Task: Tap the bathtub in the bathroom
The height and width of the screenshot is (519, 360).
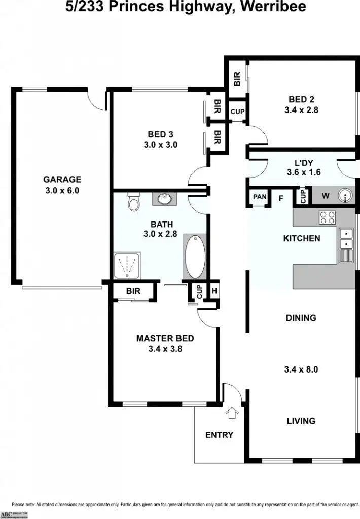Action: coord(194,255)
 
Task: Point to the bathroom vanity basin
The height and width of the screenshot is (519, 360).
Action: coord(164,198)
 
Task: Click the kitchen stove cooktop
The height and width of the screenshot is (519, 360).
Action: coord(327,217)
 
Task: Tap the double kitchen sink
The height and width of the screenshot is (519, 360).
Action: coord(347,239)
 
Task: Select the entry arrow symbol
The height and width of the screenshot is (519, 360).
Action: coord(232,413)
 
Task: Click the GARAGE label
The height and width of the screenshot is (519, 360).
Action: coord(62,179)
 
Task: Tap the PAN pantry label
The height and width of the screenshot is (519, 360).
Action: coord(260,197)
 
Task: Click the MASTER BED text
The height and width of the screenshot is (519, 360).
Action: coord(165,338)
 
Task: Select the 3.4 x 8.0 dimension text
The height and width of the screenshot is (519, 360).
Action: coord(301,369)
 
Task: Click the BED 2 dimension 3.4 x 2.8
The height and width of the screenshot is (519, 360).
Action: coord(301,109)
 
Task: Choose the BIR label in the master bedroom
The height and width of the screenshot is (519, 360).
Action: coord(133,291)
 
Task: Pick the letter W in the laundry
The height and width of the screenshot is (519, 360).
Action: coord(326,196)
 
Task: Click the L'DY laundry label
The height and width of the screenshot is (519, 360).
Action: coord(304,163)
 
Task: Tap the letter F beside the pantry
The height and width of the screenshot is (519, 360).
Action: coord(280,198)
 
